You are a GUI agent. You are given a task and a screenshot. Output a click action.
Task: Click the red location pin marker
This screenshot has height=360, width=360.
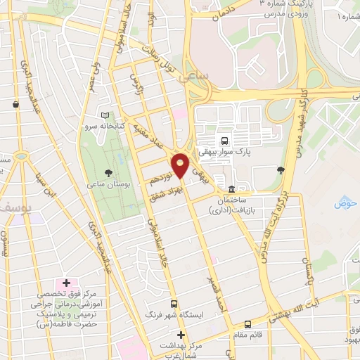[x=181, y=164]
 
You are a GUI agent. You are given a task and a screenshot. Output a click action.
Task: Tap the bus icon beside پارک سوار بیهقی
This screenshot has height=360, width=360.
[x=224, y=139]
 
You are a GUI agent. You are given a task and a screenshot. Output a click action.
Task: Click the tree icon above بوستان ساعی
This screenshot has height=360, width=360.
[x=108, y=172]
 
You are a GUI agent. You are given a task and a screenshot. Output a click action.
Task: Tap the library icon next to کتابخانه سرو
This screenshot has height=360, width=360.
[x=105, y=115]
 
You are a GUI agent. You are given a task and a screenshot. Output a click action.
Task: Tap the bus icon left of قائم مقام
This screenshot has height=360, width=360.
[x=247, y=324]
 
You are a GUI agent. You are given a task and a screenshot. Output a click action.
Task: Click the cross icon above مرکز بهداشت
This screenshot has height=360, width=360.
[x=181, y=335]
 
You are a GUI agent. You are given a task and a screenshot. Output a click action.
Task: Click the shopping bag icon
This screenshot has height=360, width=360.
[x=15, y=105]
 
